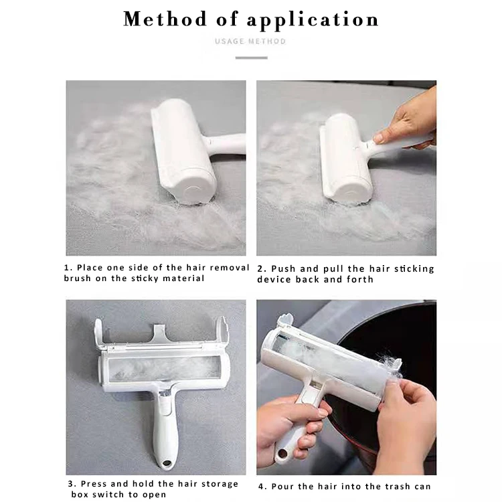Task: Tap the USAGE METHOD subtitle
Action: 250,41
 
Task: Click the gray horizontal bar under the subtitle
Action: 251,58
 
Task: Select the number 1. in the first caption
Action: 68,268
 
